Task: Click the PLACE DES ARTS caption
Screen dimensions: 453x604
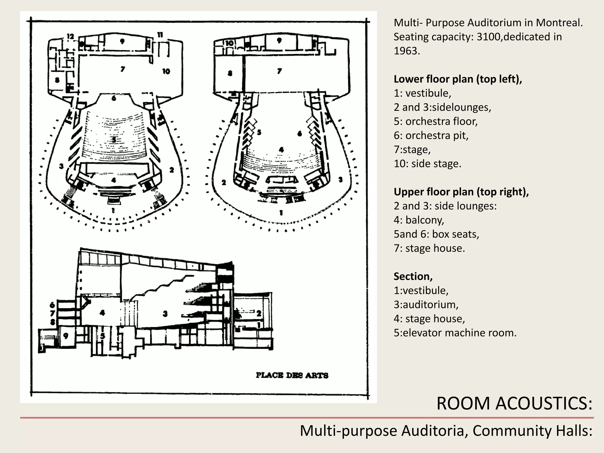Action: tap(292, 375)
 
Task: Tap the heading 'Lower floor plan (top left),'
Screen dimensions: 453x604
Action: tap(458, 79)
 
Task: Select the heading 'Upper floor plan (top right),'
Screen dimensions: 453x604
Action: tap(461, 192)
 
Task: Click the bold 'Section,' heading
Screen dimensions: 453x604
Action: tap(413, 276)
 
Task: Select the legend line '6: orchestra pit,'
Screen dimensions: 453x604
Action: tap(431, 135)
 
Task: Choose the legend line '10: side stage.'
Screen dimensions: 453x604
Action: tap(427, 164)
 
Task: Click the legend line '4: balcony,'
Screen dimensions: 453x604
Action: tap(419, 220)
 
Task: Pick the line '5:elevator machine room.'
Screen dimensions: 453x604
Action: tap(455, 333)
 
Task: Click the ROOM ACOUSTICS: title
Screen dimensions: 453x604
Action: tap(514, 403)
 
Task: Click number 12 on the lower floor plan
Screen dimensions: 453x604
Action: tap(70, 37)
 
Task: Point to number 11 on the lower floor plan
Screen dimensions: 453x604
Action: tap(160, 35)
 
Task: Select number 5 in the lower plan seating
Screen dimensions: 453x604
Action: tap(114, 139)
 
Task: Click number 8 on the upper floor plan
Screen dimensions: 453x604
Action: tap(230, 73)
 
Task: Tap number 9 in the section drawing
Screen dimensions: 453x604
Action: tap(65, 336)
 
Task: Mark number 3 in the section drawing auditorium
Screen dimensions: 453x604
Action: tap(165, 314)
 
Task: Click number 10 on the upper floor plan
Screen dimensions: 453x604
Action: tap(229, 43)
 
